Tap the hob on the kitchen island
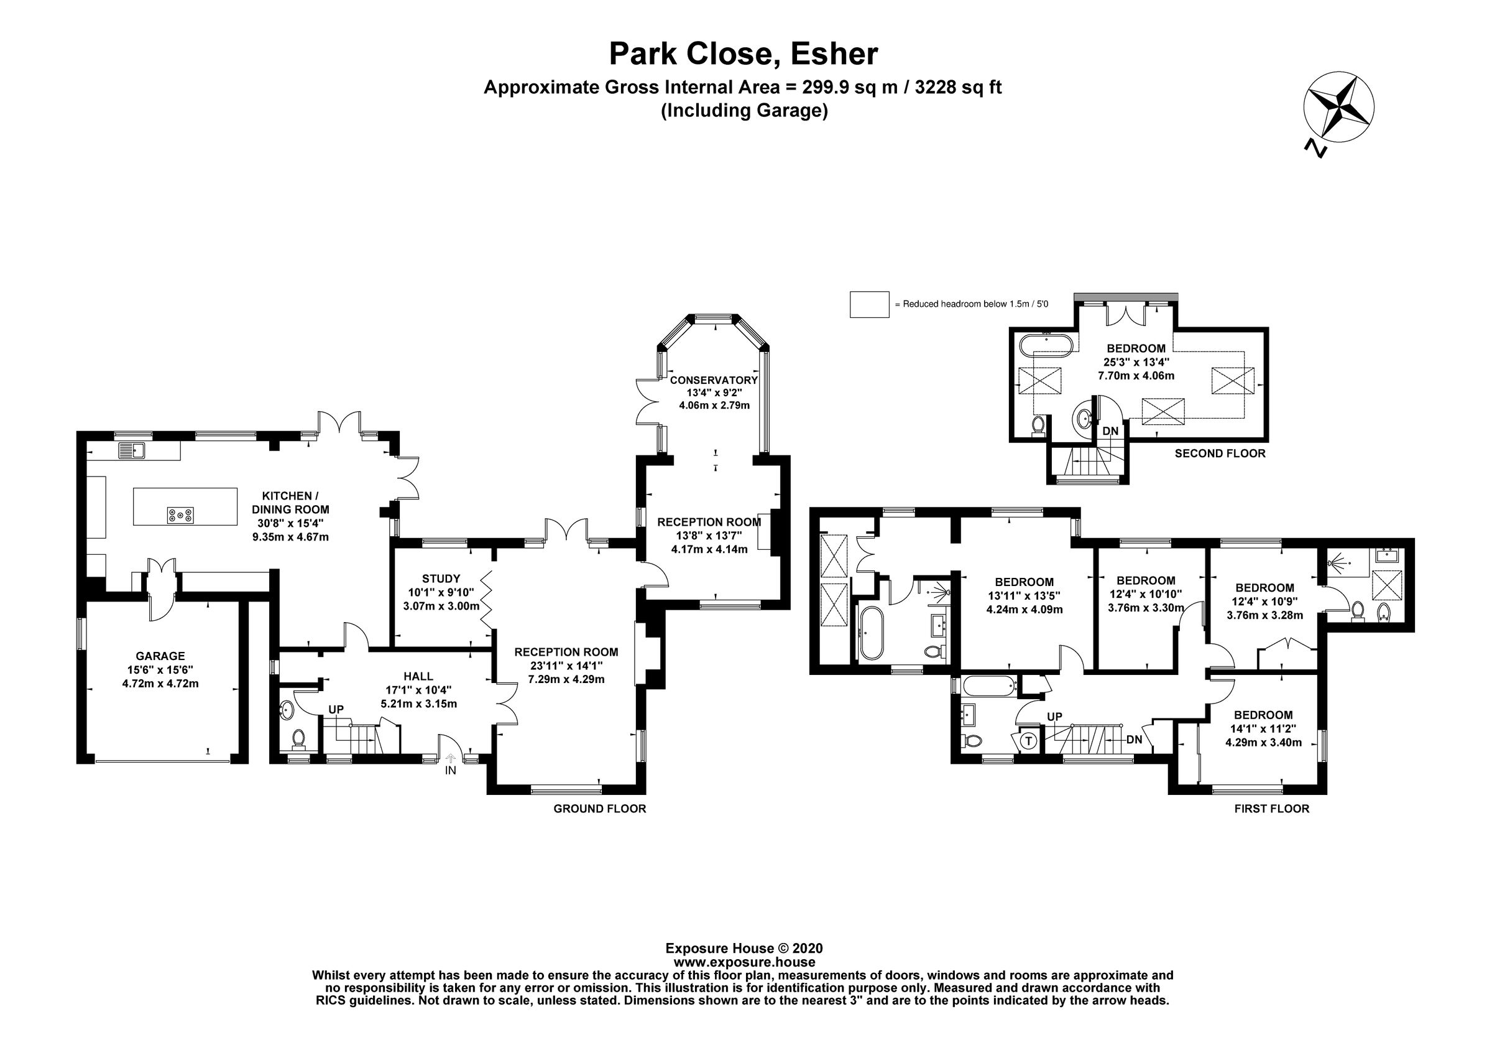point(180,516)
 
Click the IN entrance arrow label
point(450,770)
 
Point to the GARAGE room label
point(160,656)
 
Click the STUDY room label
point(441,579)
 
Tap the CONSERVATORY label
point(714,380)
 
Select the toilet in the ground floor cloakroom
point(298,738)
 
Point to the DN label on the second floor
point(1110,431)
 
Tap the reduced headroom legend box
point(869,304)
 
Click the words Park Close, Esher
point(744,54)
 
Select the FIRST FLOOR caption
point(1271,809)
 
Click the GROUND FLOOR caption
point(599,809)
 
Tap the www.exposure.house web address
point(744,962)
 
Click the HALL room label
point(418,676)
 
